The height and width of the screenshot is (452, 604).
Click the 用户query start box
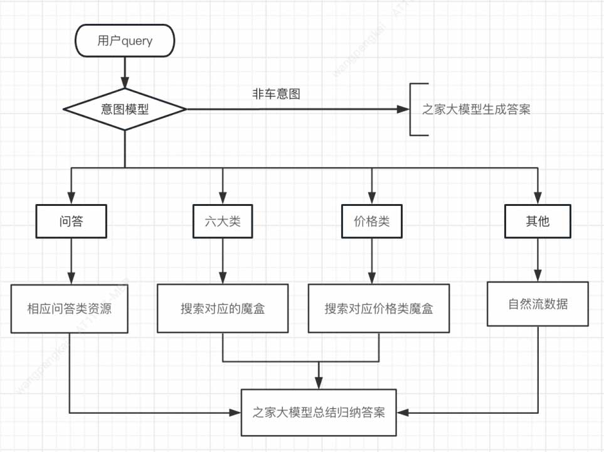(125, 41)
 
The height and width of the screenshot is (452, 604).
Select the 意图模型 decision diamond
(125, 109)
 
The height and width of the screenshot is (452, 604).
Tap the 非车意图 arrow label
(276, 94)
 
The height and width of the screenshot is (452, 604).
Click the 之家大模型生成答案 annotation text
(476, 109)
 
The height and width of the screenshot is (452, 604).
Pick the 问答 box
(71, 222)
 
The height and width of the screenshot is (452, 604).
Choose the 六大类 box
(223, 222)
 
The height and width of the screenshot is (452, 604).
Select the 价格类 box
(371, 222)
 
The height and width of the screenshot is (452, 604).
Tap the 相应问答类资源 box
(69, 309)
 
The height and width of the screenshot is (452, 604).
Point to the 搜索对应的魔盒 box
(223, 309)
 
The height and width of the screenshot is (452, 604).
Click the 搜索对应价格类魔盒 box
(378, 309)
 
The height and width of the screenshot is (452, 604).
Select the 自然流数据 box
(538, 304)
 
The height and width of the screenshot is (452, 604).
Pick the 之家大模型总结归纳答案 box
(319, 413)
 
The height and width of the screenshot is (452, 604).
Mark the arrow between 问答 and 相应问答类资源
(71, 261)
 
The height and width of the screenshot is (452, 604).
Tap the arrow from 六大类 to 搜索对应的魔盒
(223, 261)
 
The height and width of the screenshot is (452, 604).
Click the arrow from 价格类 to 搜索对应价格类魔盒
(371, 261)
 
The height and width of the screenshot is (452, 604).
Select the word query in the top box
(137, 41)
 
